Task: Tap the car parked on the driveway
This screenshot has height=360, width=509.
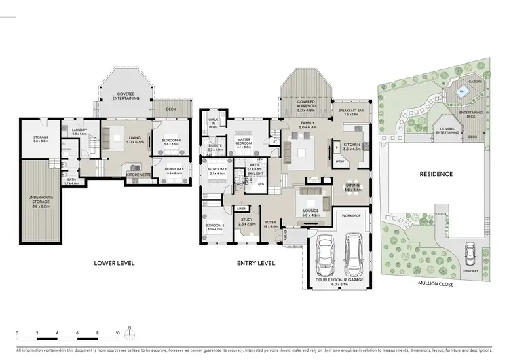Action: [x=468, y=255]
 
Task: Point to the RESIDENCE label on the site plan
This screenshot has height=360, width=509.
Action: [x=436, y=174]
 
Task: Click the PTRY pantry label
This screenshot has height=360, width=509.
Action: [x=340, y=161]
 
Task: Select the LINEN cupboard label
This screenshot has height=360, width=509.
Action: [x=242, y=209]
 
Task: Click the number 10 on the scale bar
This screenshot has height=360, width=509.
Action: [x=118, y=334]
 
